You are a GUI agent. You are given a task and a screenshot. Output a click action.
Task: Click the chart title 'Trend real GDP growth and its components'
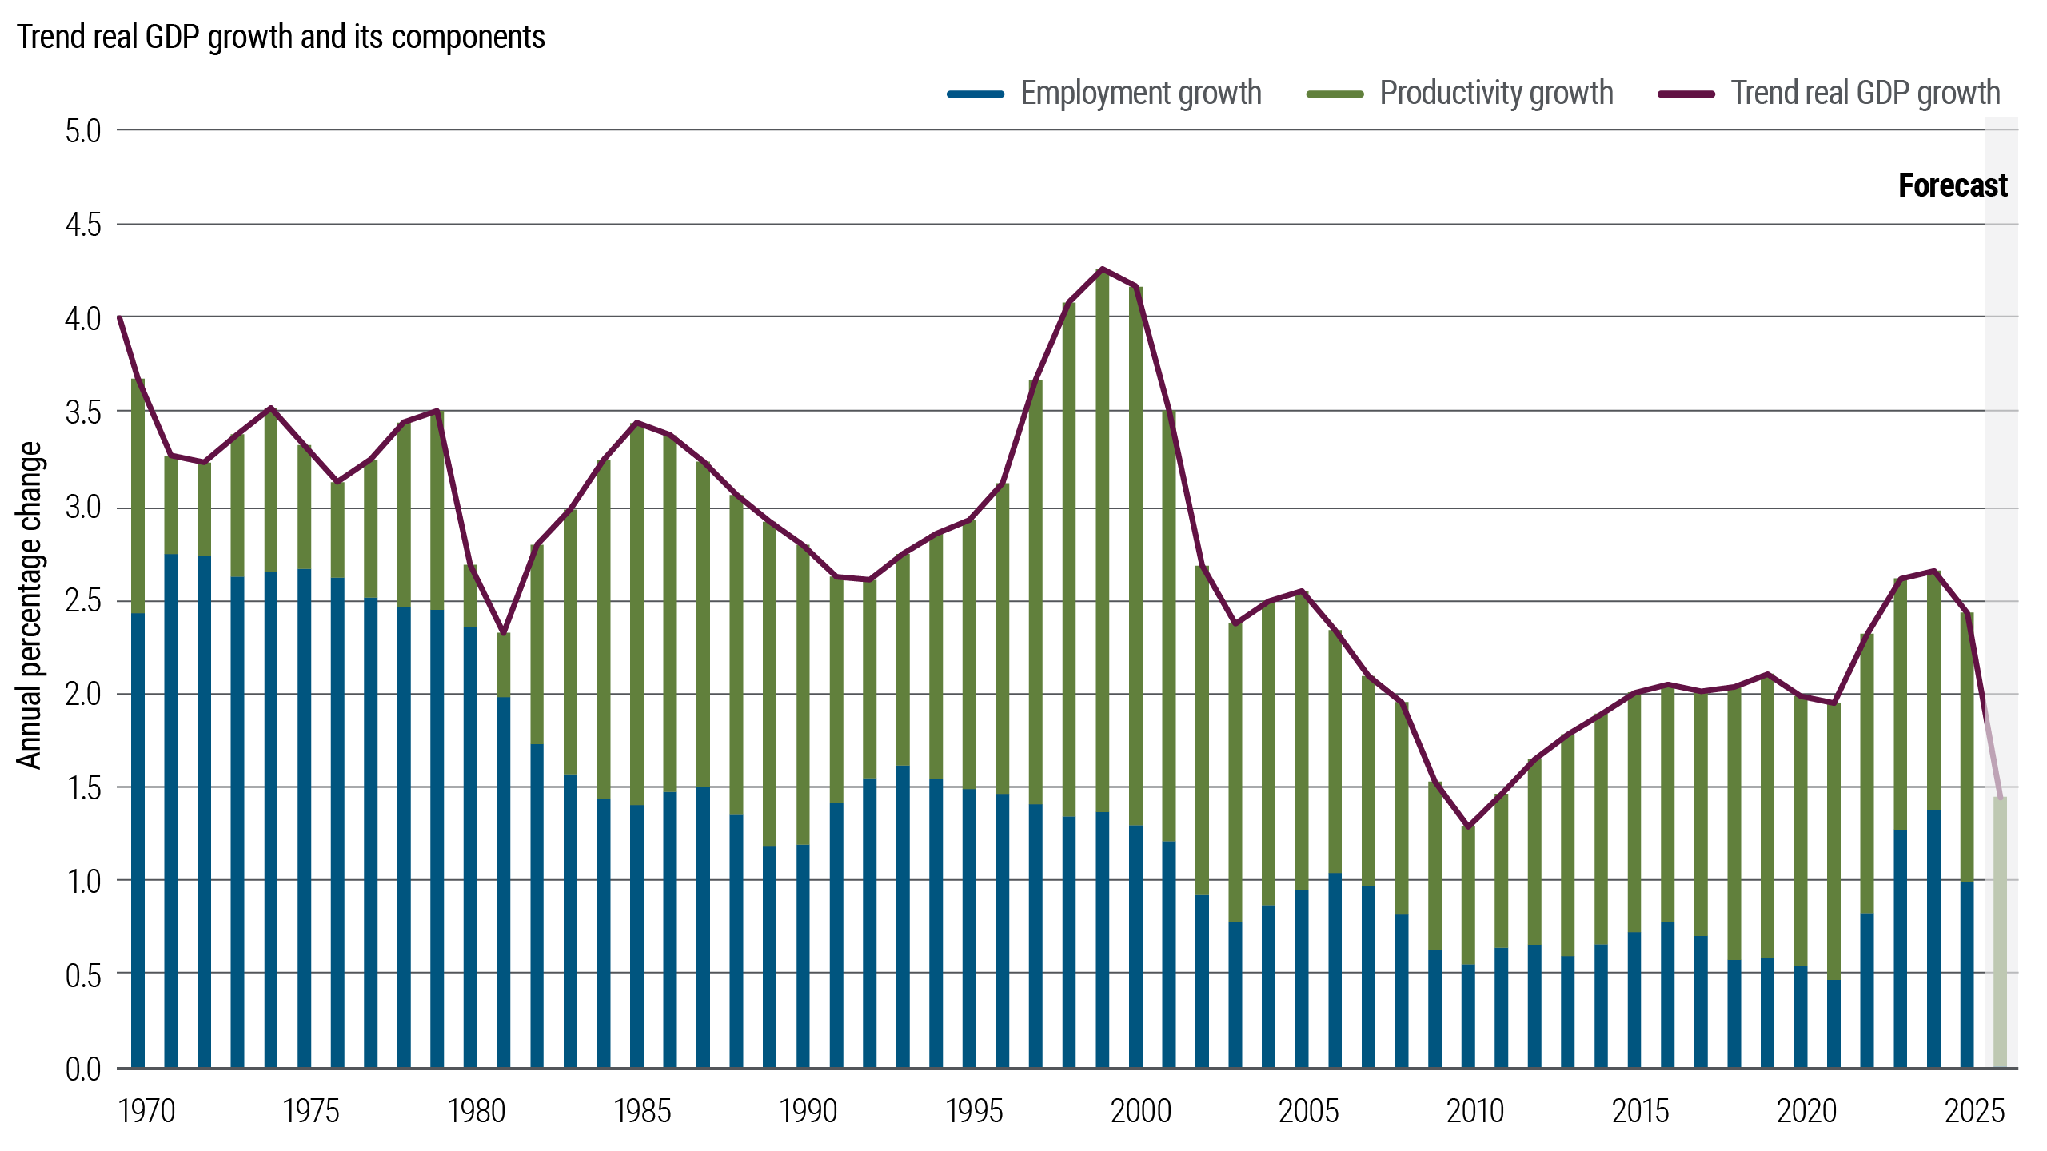point(281,37)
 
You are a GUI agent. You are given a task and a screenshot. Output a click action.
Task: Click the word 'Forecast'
point(1952,185)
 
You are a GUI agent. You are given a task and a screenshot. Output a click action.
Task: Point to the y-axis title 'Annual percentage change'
point(30,605)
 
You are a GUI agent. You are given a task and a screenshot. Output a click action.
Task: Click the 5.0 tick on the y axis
point(83,131)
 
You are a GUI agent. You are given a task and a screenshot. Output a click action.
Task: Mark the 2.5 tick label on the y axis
point(83,601)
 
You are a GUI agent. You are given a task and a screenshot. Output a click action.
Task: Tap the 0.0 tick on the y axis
point(83,1069)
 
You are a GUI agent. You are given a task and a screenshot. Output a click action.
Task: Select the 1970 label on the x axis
point(146,1111)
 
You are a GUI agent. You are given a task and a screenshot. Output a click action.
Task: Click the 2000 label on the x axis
point(1141,1111)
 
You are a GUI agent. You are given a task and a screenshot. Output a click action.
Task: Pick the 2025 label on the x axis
point(1974,1111)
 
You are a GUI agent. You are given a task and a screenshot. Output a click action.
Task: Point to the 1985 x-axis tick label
point(642,1111)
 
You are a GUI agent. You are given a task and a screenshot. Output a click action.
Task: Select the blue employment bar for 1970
point(138,839)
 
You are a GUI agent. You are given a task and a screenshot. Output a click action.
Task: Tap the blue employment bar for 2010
point(1468,1015)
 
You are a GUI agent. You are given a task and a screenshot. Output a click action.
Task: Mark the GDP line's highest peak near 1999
point(1103,269)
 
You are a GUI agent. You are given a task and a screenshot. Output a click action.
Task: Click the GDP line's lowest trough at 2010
point(1468,826)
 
